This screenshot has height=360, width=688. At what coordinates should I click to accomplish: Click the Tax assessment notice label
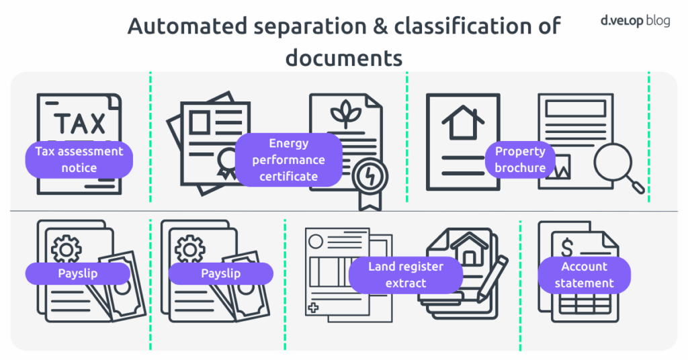(x=79, y=159)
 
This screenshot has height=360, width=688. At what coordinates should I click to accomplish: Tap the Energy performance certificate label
(x=288, y=160)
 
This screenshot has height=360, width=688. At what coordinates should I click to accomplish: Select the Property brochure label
(x=520, y=159)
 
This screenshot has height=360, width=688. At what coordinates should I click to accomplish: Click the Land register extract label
(x=406, y=275)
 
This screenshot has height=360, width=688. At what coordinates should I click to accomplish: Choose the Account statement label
(x=584, y=275)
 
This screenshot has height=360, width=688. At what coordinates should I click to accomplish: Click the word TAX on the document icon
(x=79, y=123)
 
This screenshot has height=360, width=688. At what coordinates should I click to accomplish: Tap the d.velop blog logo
(x=635, y=20)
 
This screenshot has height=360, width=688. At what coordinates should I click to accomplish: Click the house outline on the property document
(x=463, y=123)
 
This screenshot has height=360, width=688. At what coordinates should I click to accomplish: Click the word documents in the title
(x=343, y=58)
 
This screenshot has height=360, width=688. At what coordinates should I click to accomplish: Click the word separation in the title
(x=288, y=28)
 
